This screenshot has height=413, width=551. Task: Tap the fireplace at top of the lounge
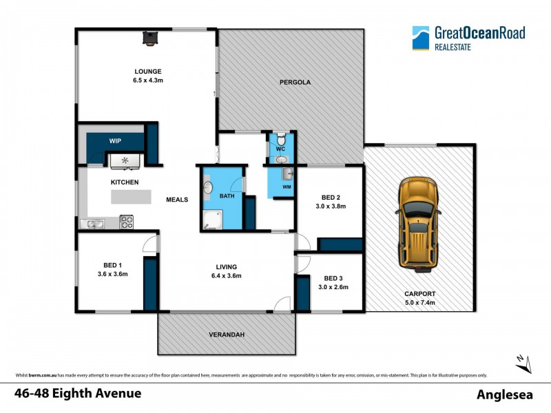[149, 38]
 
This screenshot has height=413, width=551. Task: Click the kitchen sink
[92, 222]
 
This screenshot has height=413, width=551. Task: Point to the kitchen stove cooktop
[127, 222]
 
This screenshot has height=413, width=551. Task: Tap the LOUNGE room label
[148, 72]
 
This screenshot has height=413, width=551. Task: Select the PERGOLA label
[295, 82]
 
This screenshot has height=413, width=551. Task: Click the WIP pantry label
[115, 140]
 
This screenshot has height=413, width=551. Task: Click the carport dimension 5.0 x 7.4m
[419, 302]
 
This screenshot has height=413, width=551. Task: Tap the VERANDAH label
[227, 335]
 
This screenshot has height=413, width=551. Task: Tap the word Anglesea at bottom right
[506, 394]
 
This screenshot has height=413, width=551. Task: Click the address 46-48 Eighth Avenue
[78, 394]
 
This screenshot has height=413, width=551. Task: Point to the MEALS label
[177, 200]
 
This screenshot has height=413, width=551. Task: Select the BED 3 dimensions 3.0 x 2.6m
[333, 287]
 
